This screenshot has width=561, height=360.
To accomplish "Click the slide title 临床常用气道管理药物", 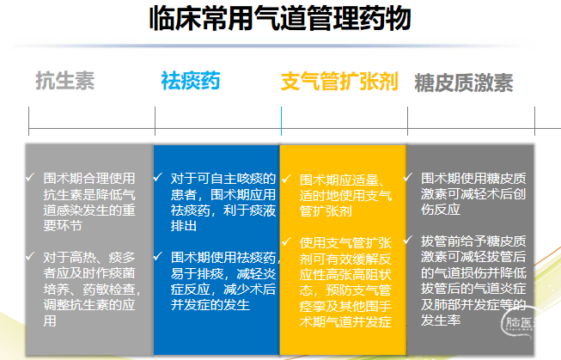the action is pyautogui.click(x=280, y=19).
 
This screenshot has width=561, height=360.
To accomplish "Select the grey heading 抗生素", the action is pyautogui.click(x=65, y=81).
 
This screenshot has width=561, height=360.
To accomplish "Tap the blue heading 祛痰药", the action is pyautogui.click(x=191, y=81).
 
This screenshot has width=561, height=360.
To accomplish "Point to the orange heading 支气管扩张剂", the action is pyautogui.click(x=339, y=82).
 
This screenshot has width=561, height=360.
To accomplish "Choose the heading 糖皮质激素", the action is pyautogui.click(x=464, y=82).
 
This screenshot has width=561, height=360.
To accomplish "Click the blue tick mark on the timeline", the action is pyautogui.click(x=281, y=121).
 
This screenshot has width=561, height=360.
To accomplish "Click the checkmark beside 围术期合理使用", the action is pyautogui.click(x=30, y=178).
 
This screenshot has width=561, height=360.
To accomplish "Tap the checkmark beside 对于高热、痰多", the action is pyautogui.click(x=30, y=257).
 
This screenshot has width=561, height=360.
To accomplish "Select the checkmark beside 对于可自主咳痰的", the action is pyautogui.click(x=158, y=178).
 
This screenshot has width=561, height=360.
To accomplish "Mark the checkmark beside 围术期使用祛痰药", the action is pyautogui.click(x=158, y=257).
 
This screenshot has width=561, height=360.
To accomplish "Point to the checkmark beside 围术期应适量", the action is pyautogui.click(x=286, y=179).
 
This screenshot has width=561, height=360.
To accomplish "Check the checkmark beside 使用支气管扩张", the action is pyautogui.click(x=286, y=242).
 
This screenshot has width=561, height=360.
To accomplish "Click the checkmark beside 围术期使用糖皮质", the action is pyautogui.click(x=408, y=178).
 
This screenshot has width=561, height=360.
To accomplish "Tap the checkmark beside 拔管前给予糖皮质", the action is pyautogui.click(x=408, y=240).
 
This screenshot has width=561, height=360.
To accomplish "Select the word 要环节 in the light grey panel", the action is pyautogui.click(x=63, y=225).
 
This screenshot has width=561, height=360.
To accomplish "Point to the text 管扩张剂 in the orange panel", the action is pyautogui.click(x=326, y=211).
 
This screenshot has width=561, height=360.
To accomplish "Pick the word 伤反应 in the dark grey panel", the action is pyautogui.click(x=441, y=210).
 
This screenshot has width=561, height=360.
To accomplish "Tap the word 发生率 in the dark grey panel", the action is pyautogui.click(x=441, y=320).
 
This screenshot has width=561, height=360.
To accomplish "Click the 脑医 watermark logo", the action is pyautogui.click(x=518, y=323).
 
